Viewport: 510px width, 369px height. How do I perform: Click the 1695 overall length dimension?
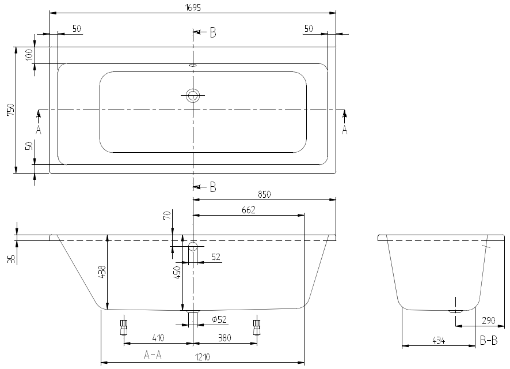(x=193, y=6)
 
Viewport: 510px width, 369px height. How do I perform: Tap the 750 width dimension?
(x=10, y=110)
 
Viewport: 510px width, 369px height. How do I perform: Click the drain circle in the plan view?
(x=193, y=96)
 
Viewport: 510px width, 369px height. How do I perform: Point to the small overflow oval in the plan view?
(x=193, y=65)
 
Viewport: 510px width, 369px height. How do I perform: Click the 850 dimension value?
(x=264, y=194)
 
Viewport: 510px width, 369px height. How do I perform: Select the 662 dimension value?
(x=248, y=210)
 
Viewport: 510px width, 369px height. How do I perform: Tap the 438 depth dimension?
(x=103, y=272)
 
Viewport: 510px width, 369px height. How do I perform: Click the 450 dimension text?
(x=177, y=272)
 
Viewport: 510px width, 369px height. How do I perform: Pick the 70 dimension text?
(x=167, y=216)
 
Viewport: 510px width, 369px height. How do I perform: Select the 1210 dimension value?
(x=203, y=357)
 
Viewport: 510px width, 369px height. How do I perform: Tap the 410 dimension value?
(x=159, y=338)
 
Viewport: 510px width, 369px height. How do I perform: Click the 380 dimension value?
(x=225, y=338)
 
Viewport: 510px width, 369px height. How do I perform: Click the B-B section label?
(x=488, y=341)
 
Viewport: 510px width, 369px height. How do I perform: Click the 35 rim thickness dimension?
(x=10, y=259)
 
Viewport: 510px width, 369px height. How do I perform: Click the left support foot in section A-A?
(x=123, y=327)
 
